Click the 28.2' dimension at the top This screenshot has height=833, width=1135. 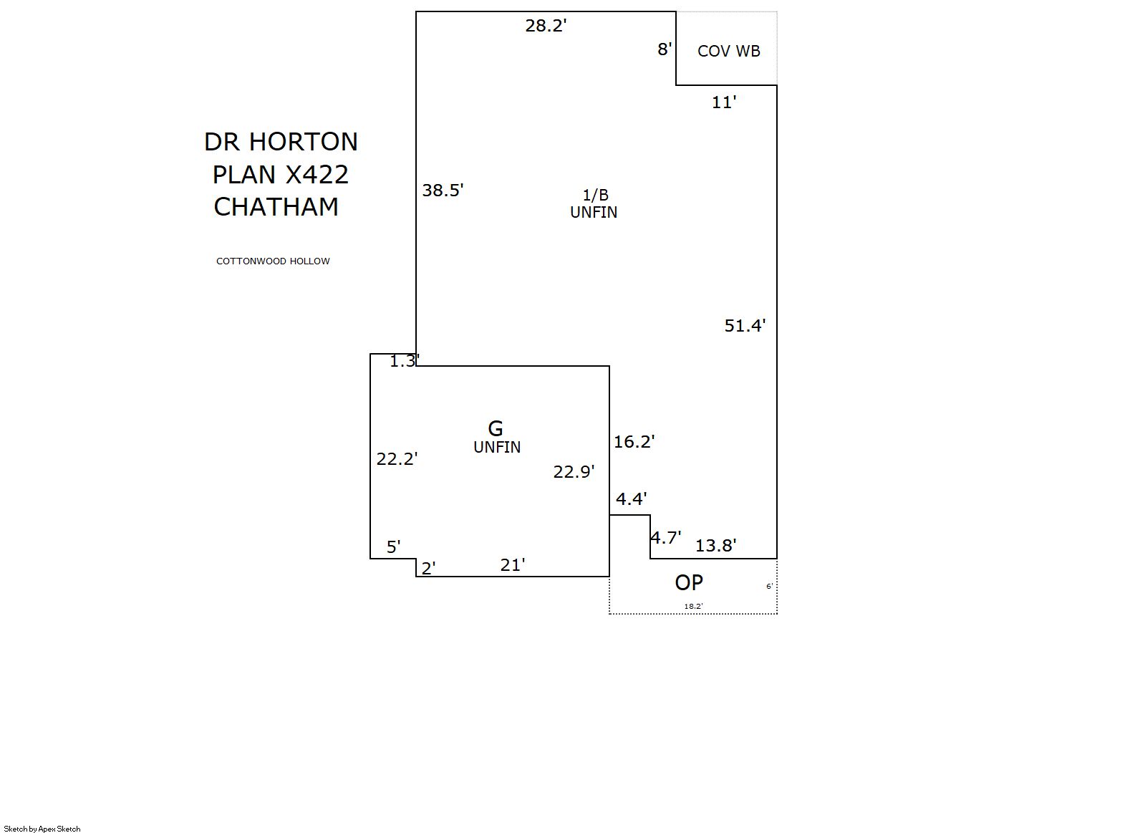pyautogui.click(x=546, y=25)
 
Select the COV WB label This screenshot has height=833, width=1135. pyautogui.click(x=729, y=51)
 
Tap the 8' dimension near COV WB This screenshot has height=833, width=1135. pyautogui.click(x=665, y=49)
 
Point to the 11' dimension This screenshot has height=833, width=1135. pyautogui.click(x=724, y=102)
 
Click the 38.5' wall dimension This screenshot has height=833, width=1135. pyautogui.click(x=443, y=190)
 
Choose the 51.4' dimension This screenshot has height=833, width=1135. pyautogui.click(x=745, y=325)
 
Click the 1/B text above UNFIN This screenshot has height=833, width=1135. pyautogui.click(x=595, y=195)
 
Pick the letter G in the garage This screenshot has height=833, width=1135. pyautogui.click(x=495, y=428)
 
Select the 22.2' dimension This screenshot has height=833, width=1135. pyautogui.click(x=397, y=458)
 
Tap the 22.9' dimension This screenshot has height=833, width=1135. pyautogui.click(x=574, y=472)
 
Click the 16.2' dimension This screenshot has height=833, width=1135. pyautogui.click(x=634, y=441)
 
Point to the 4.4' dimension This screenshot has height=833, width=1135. pyautogui.click(x=632, y=499)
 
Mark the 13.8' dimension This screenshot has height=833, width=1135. pyautogui.click(x=715, y=545)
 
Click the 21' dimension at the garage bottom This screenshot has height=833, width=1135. pyautogui.click(x=512, y=564)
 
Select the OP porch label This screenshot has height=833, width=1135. pyautogui.click(x=689, y=583)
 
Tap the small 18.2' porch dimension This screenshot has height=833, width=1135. pyautogui.click(x=693, y=606)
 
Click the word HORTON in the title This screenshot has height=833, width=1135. pyautogui.click(x=303, y=142)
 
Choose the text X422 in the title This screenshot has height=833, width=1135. pyautogui.click(x=317, y=175)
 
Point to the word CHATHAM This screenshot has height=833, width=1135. pyautogui.click(x=276, y=207)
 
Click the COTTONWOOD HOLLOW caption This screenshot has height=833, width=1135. pyautogui.click(x=273, y=261)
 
